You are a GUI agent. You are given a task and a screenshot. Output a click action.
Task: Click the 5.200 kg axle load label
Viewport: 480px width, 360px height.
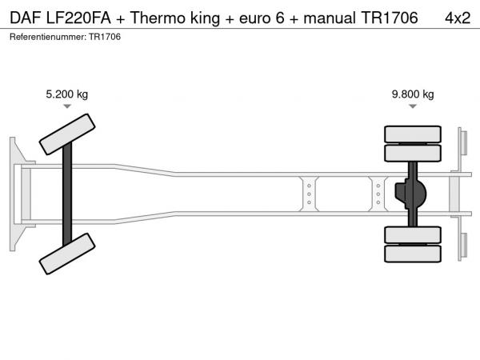(x=66, y=94)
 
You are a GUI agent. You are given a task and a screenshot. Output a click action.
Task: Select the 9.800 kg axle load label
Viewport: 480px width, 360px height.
(x=413, y=94)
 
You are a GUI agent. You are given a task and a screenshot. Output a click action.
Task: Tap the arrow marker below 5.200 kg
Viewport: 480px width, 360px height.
(x=67, y=106)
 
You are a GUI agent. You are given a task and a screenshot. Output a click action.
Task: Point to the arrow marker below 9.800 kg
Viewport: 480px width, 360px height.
(x=413, y=106)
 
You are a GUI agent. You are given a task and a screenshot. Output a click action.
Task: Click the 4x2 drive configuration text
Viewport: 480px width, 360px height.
(x=458, y=18)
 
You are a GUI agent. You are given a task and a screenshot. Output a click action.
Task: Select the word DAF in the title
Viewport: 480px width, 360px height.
(x=26, y=18)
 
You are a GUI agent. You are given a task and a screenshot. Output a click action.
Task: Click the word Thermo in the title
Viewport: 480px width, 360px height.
(x=158, y=18)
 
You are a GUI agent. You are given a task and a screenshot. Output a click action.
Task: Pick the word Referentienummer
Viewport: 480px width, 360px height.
(x=48, y=37)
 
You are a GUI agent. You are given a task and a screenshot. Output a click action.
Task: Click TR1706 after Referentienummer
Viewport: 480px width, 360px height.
(x=105, y=37)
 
